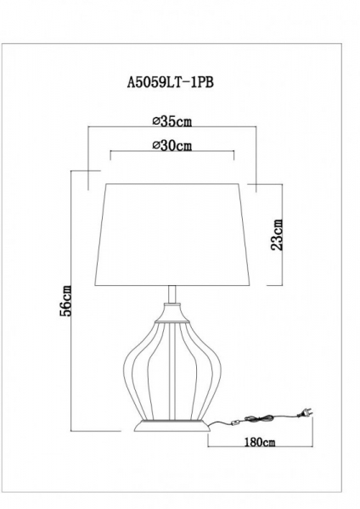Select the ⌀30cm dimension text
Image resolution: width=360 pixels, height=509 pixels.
pyautogui.click(x=172, y=145)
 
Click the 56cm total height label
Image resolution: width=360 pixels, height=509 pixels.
pyautogui.click(x=67, y=302)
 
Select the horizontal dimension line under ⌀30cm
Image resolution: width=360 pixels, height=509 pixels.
pyautogui.click(x=172, y=154)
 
